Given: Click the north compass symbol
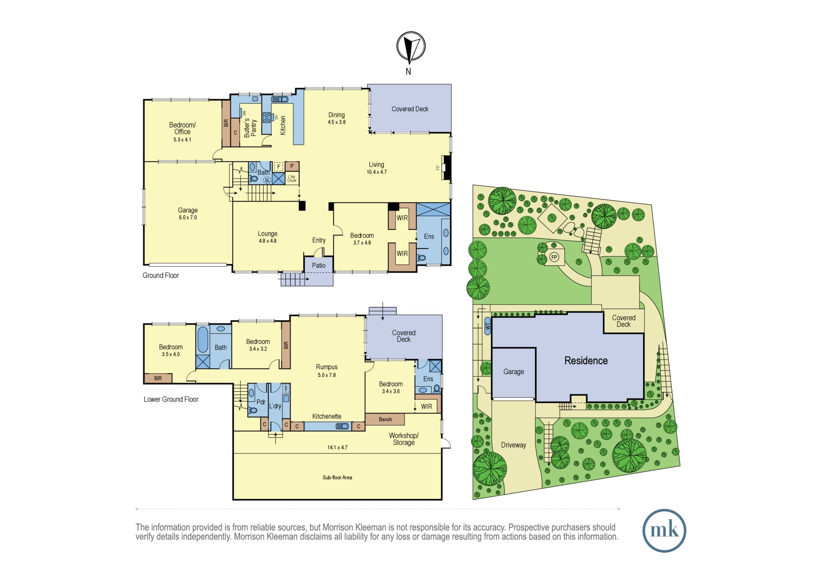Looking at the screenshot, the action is (x=411, y=46).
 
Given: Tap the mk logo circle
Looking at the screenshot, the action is (x=664, y=530).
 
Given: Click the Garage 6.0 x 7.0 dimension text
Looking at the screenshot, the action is (x=188, y=217).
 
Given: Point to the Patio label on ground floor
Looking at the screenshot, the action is (x=319, y=265).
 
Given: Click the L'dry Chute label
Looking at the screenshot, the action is (x=292, y=178).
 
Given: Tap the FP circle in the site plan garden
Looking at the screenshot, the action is (x=554, y=258).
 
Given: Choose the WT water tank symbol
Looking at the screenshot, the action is (x=488, y=326).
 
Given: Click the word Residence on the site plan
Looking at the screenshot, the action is (x=586, y=361).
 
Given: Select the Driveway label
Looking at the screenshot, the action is (x=513, y=445).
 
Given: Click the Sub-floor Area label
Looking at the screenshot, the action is (x=337, y=477).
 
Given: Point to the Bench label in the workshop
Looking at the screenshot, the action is (x=386, y=419).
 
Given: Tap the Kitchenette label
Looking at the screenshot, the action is (x=327, y=416).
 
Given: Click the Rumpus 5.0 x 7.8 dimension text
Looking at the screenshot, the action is (x=327, y=375).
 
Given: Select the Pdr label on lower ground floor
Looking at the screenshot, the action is (x=261, y=402).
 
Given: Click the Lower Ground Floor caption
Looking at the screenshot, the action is (x=171, y=399).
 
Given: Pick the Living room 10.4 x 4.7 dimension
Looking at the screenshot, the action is (x=376, y=172).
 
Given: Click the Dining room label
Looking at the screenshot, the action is (x=337, y=115).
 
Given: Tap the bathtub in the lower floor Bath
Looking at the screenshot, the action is (x=203, y=340).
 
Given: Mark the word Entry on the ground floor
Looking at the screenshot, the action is (x=319, y=240).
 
